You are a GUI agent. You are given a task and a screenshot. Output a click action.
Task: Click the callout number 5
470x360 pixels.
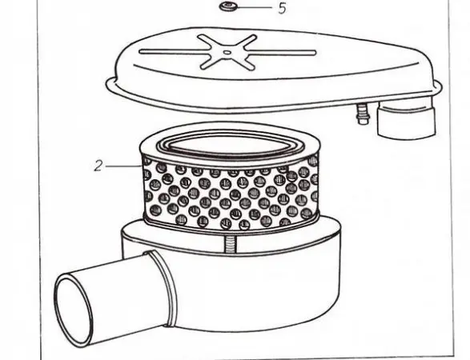282,8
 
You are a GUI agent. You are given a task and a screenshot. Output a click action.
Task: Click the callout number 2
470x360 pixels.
98,166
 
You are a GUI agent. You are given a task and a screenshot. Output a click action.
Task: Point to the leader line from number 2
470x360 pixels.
123,166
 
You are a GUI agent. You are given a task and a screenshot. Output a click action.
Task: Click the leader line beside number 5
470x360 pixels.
254,7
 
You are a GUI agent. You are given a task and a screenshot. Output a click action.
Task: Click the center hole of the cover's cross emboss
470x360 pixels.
227,53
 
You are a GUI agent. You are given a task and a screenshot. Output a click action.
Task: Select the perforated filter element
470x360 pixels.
230,178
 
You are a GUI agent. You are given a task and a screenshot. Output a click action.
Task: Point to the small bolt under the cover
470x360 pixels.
362,113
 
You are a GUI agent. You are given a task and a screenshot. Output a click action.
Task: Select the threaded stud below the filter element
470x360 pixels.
230,240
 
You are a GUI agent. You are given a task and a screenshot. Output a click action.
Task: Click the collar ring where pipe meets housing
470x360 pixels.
164,288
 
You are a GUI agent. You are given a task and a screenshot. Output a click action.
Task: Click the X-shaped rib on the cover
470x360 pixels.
228,53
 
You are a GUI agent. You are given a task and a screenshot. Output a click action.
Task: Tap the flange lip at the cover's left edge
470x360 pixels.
111,82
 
